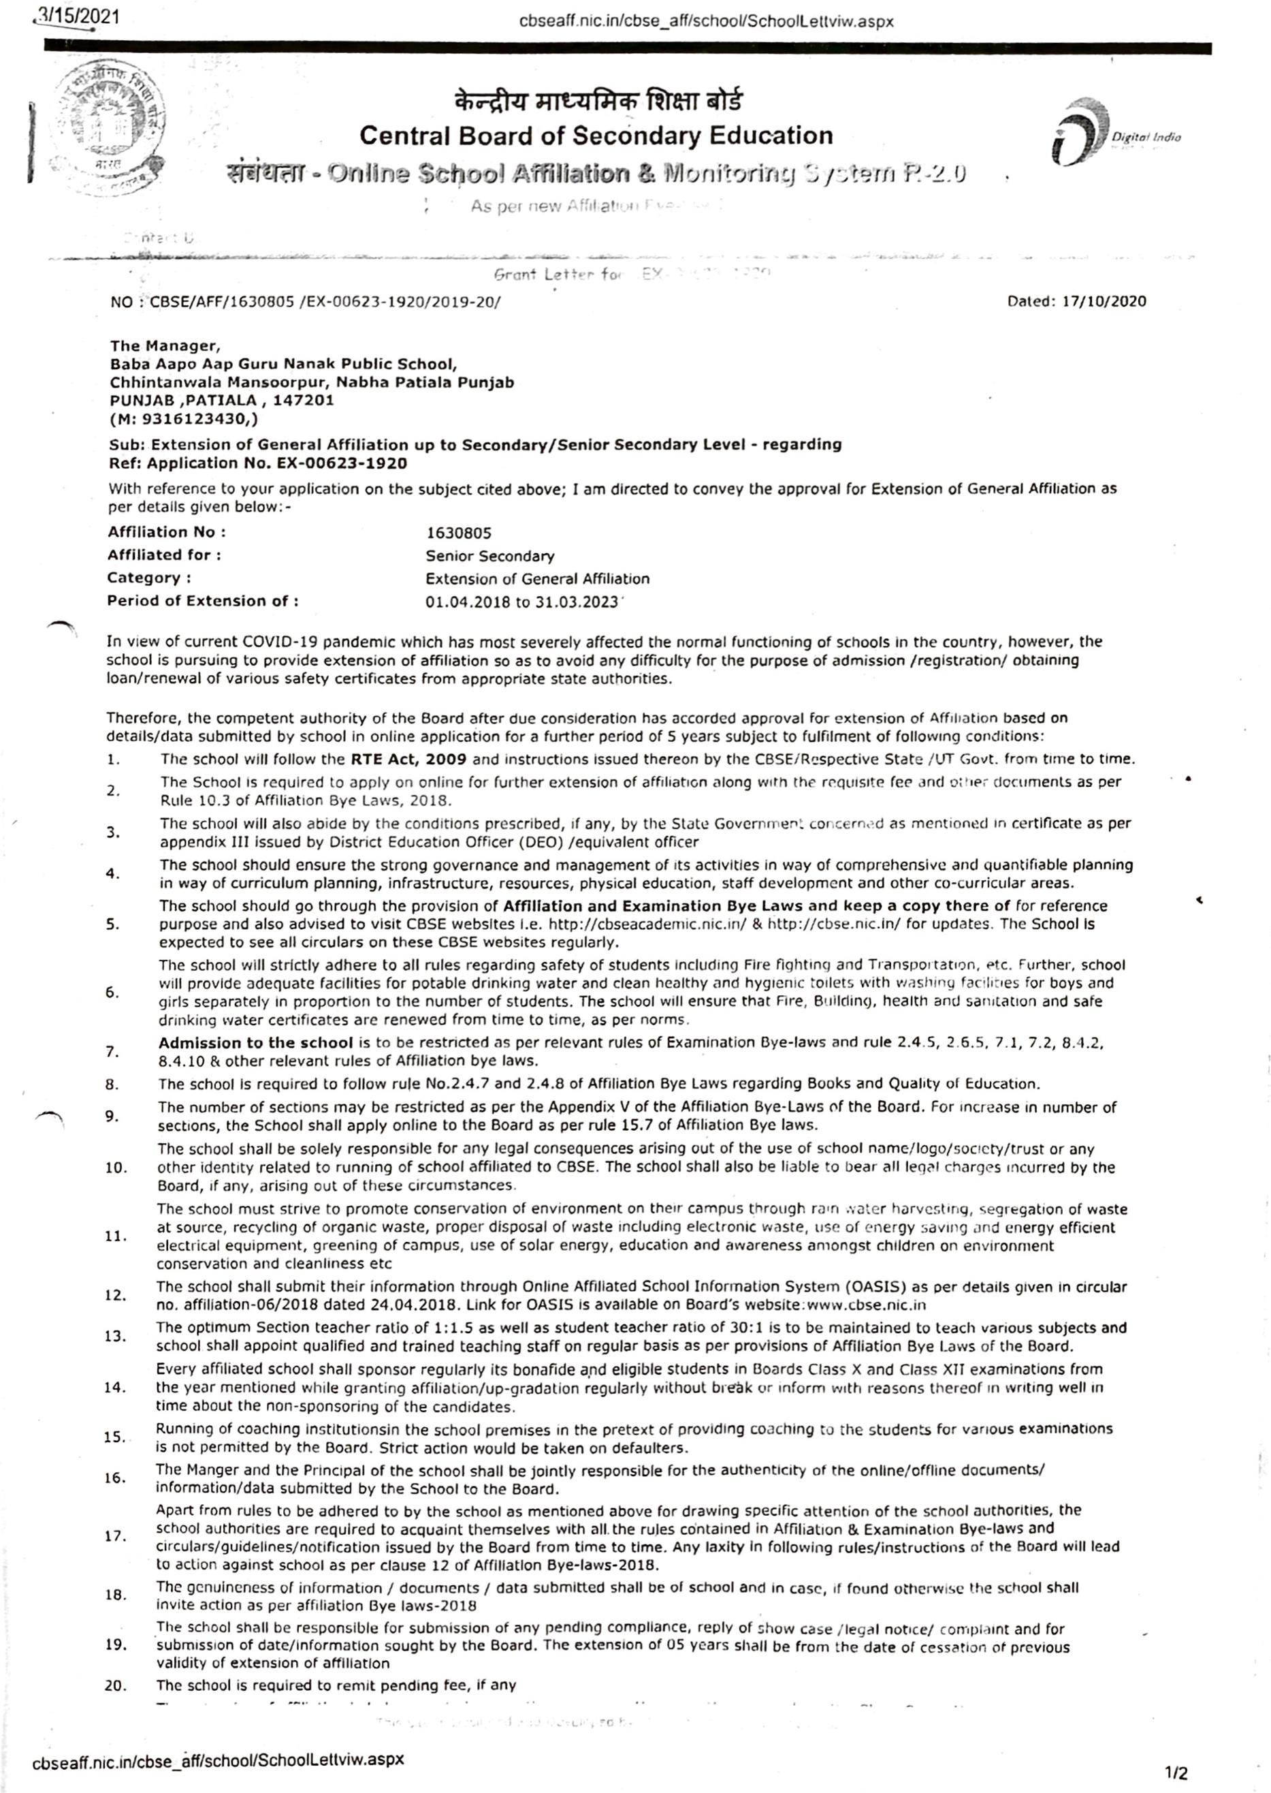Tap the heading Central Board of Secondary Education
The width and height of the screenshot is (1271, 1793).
pos(596,136)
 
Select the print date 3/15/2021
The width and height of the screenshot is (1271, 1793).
pos(78,16)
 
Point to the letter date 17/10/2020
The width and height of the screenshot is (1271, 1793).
pos(1104,301)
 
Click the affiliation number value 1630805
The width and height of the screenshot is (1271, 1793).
pos(459,533)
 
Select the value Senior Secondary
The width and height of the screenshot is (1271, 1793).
pos(490,556)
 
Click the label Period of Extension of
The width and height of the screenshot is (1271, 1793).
pos(203,602)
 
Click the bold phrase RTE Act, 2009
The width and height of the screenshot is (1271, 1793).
pos(408,759)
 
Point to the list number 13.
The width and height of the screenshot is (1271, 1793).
pos(115,1336)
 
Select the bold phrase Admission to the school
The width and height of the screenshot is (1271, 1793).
pos(255,1043)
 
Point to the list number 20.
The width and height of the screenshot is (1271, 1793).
pos(115,1686)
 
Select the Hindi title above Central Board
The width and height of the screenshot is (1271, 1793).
pos(598,102)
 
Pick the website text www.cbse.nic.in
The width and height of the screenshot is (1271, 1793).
pos(865,1305)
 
